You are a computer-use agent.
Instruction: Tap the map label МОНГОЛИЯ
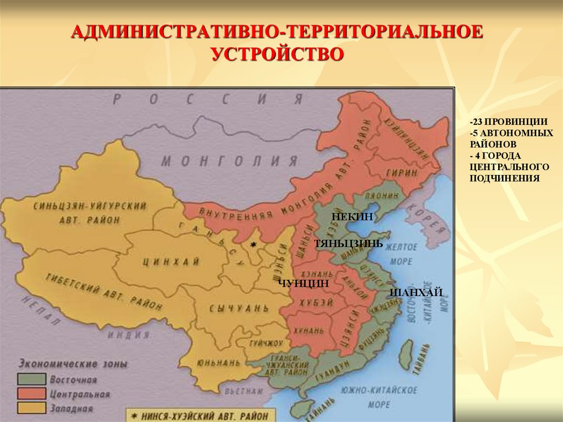(x=229, y=162)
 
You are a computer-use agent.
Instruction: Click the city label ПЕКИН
(x=352, y=218)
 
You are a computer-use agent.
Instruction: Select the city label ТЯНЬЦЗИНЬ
(x=349, y=243)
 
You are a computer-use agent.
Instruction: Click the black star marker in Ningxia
(x=253, y=244)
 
